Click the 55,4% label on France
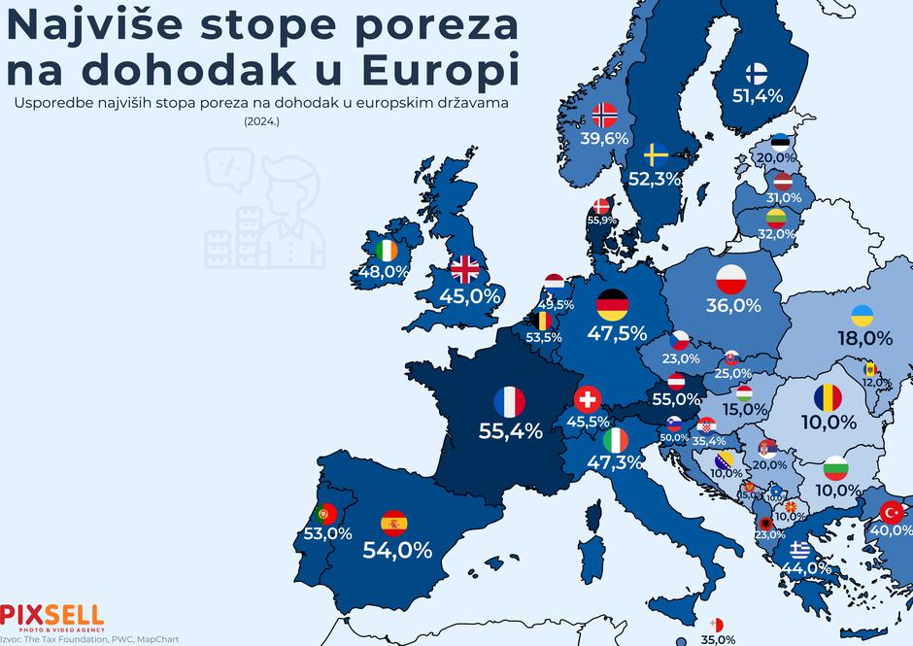point(510,430)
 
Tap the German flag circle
point(612,305)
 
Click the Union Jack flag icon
point(466,269)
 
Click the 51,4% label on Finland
point(757,95)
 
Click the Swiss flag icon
point(587,399)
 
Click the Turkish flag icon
point(891,511)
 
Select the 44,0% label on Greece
point(805,567)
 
